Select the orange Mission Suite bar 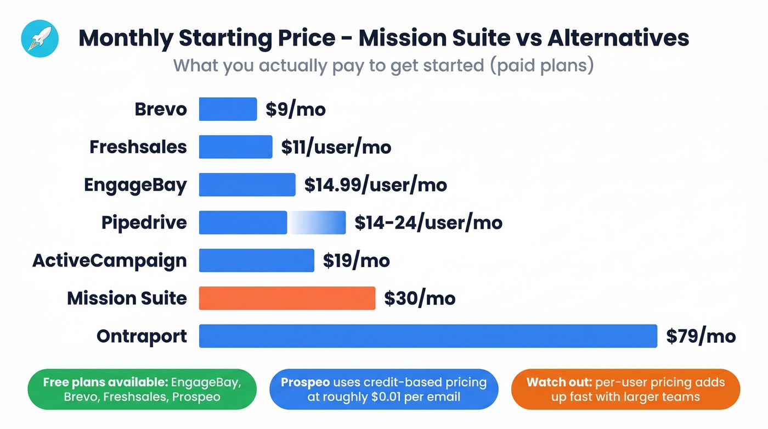pyautogui.click(x=287, y=298)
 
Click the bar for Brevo pyautogui.click(x=228, y=109)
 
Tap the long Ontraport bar pyautogui.click(x=427, y=336)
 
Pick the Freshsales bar pyautogui.click(x=235, y=147)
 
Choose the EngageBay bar pyautogui.click(x=247, y=185)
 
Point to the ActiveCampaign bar pyautogui.click(x=256, y=260)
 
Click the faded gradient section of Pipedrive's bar pyautogui.click(x=317, y=222)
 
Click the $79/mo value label pyautogui.click(x=701, y=336)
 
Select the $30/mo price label pyautogui.click(x=420, y=298)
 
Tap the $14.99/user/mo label pyautogui.click(x=376, y=185)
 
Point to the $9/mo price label pyautogui.click(x=296, y=109)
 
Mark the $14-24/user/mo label pyautogui.click(x=428, y=222)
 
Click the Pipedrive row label pyautogui.click(x=144, y=222)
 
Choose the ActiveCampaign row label pyautogui.click(x=110, y=260)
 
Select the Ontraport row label pyautogui.click(x=142, y=336)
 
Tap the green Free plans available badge pyautogui.click(x=142, y=389)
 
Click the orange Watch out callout pyautogui.click(x=625, y=389)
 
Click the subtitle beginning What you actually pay pyautogui.click(x=383, y=65)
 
